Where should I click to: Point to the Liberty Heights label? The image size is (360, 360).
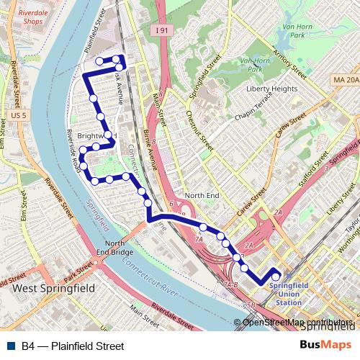(x=272, y=89)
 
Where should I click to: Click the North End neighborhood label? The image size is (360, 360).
(x=201, y=196)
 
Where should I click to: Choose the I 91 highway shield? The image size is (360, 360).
(x=165, y=30)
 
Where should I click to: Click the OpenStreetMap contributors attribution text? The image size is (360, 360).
(x=297, y=323)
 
